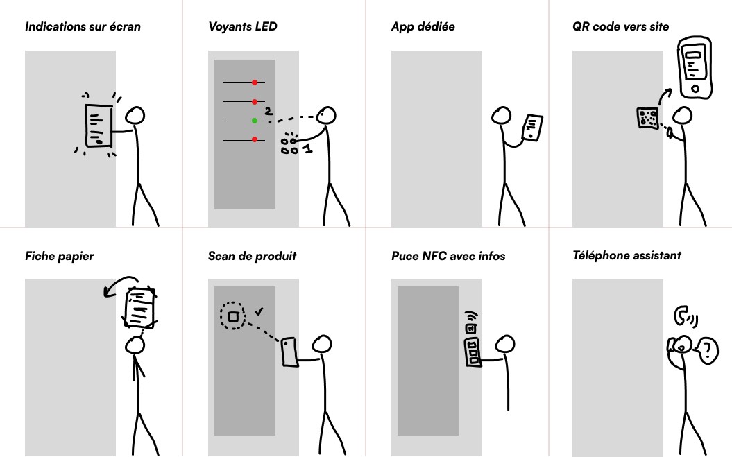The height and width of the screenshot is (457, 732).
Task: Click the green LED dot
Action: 255,121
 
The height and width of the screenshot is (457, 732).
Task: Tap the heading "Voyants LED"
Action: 243,26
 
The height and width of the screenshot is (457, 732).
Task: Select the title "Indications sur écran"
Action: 83,26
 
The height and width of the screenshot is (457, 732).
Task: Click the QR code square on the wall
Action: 647,118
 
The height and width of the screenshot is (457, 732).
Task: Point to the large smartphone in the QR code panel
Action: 695,68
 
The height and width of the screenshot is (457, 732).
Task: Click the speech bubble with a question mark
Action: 707,351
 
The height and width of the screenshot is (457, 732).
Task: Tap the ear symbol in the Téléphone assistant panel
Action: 682,315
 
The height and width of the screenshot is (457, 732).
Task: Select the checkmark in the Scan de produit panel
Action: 259,311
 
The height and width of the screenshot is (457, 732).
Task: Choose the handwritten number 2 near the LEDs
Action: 269,111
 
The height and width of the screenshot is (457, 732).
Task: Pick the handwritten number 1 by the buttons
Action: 307,148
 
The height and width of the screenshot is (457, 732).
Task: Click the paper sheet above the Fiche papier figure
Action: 141,308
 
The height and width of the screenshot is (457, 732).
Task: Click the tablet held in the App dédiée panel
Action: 533,128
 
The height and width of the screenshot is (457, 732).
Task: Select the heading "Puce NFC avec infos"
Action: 448,257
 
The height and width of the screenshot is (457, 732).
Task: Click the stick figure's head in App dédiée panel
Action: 502,115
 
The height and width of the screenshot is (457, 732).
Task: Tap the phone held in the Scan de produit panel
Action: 290,352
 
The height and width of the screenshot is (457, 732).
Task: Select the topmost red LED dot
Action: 255,83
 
